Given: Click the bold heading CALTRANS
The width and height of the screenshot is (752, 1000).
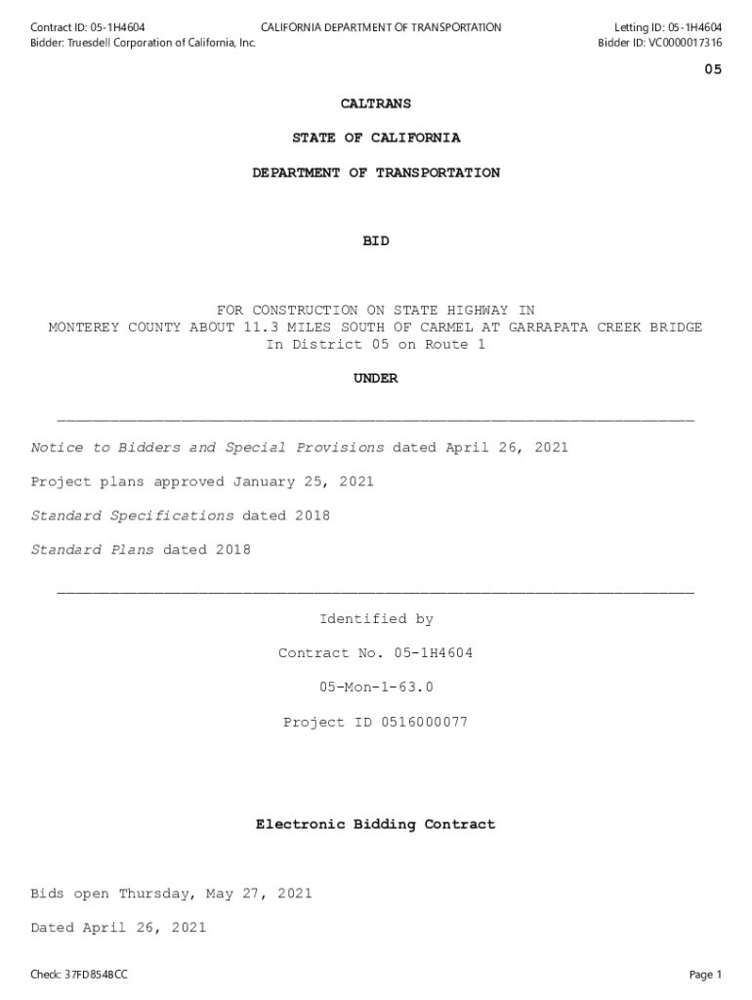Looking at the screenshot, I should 376,104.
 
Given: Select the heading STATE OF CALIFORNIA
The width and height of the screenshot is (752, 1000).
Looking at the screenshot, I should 376,138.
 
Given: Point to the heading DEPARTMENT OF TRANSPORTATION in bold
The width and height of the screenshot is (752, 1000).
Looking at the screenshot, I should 376,173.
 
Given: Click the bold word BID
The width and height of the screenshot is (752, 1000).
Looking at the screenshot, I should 376,241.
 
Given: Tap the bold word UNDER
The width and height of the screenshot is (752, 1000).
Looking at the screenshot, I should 376,379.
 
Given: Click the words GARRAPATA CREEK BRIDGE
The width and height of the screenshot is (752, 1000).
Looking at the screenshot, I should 605,327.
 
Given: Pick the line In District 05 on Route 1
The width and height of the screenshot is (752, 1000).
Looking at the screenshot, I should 376,345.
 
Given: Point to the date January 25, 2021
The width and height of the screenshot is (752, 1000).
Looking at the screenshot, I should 303,481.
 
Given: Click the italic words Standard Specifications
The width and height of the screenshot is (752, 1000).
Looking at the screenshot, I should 132,516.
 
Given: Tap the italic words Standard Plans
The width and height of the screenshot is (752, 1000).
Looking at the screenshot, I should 92,550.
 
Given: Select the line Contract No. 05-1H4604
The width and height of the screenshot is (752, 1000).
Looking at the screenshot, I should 376,653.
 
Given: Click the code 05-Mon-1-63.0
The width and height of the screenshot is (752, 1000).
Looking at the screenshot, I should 376,687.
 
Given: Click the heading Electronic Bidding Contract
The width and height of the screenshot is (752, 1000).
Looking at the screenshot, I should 376,825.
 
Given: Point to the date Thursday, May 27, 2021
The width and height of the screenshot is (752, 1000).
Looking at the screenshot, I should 215,894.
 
